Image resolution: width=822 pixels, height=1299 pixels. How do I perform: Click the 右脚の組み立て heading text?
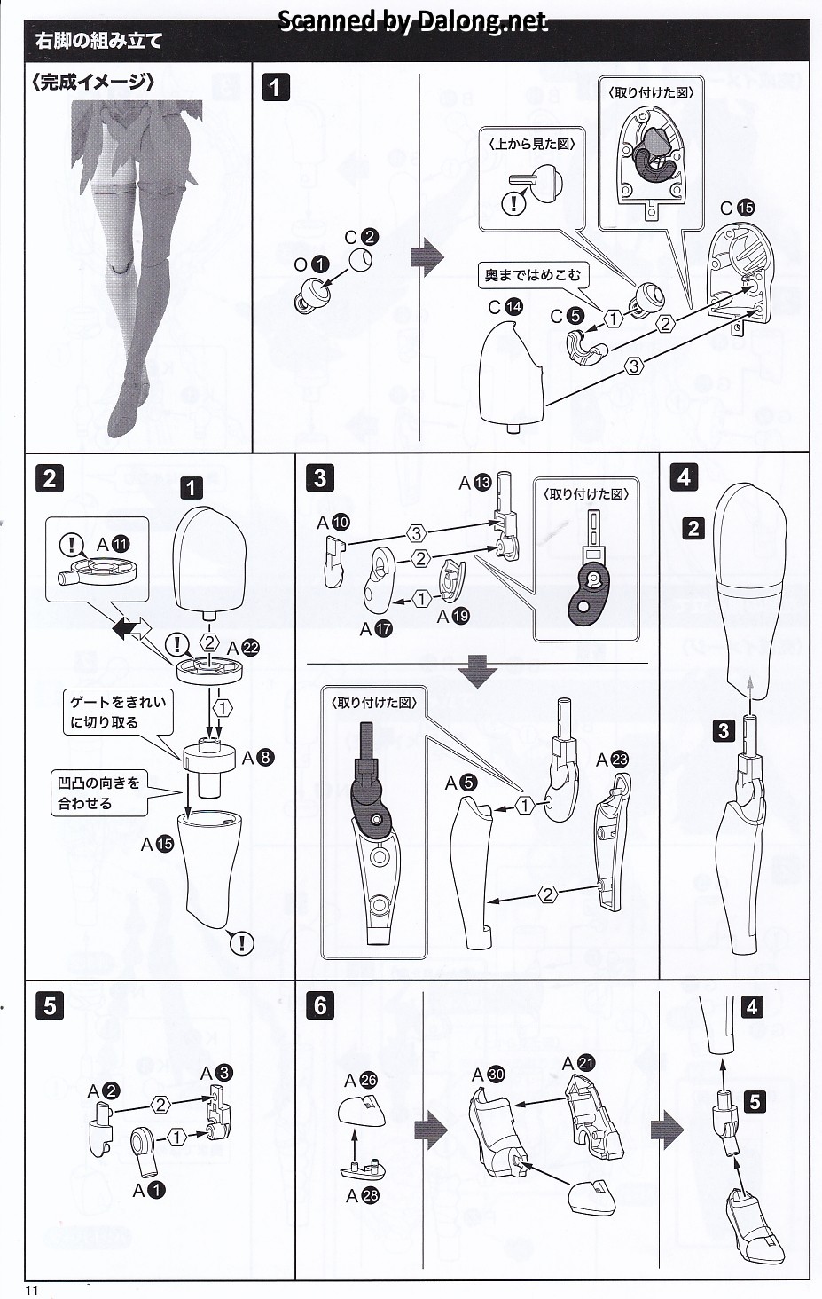[98, 41]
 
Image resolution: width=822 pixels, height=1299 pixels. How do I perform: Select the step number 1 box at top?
[276, 87]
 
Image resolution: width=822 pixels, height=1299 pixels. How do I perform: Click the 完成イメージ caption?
[93, 82]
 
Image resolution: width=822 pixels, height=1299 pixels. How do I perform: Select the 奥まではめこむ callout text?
[533, 276]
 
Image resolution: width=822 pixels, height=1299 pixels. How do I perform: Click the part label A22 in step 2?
[243, 649]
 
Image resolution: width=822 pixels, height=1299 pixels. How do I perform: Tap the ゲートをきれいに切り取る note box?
[118, 712]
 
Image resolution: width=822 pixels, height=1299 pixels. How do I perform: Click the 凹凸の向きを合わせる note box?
[98, 793]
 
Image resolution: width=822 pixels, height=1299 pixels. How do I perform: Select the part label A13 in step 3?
[474, 483]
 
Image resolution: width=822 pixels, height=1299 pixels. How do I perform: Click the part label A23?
[612, 760]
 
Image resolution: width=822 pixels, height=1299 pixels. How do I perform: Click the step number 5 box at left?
[50, 1005]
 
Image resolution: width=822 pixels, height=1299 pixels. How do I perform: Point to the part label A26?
[361, 1080]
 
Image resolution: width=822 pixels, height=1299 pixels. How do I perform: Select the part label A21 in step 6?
[579, 1063]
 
